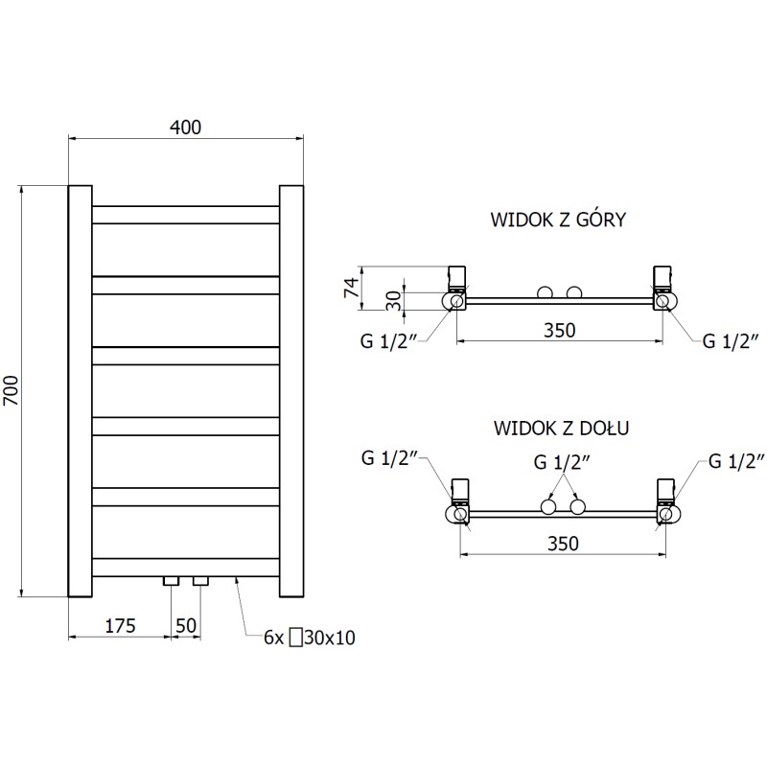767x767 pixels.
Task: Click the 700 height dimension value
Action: (x=12, y=390)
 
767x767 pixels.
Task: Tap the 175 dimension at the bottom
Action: (x=120, y=626)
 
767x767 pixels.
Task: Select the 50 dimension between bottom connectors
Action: (x=186, y=626)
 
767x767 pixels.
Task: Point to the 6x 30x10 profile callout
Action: (x=309, y=638)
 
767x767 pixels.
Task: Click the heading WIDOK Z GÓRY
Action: (x=558, y=220)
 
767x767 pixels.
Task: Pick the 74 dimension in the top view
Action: (x=351, y=285)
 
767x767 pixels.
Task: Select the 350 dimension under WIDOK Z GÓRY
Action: (x=559, y=331)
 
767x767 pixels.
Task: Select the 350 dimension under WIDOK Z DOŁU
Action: (x=563, y=544)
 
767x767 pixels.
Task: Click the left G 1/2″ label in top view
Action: (x=387, y=340)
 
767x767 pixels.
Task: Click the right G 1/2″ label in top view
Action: (x=731, y=340)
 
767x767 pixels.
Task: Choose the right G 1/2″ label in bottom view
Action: (x=735, y=461)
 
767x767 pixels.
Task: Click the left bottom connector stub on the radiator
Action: (x=172, y=581)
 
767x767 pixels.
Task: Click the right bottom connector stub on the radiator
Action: (x=200, y=581)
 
